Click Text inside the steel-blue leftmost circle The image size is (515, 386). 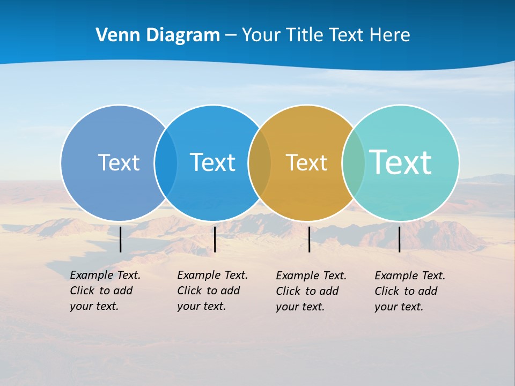tap(119, 162)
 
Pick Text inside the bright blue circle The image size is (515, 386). tap(212, 162)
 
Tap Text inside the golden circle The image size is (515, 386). tap(306, 163)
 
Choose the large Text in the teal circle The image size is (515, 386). tap(401, 162)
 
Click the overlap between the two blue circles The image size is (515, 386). tap(166, 163)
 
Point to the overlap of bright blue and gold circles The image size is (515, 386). tap(260, 163)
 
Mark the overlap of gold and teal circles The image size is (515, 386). tap(354, 163)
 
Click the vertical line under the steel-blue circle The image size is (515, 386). tap(120, 239)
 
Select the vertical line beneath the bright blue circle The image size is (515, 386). tap(215, 239)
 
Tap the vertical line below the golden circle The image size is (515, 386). tap(309, 239)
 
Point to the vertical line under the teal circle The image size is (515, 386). tap(399, 239)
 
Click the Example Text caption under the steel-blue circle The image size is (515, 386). tap(105, 291)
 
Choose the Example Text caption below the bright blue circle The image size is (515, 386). tap(212, 291)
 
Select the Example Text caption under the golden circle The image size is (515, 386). tap(311, 291)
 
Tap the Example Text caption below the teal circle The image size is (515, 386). tap(409, 291)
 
